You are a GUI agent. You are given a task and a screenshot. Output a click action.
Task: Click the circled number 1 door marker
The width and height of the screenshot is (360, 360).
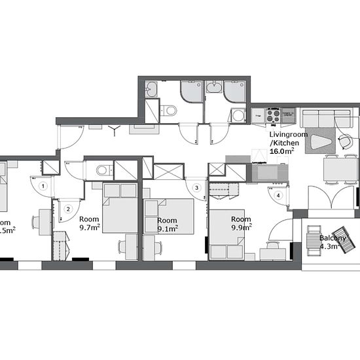[x=43, y=185]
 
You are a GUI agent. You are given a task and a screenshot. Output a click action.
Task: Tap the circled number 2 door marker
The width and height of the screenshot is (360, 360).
[x=67, y=209]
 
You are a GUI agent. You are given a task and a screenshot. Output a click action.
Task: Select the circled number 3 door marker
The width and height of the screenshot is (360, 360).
[x=196, y=188]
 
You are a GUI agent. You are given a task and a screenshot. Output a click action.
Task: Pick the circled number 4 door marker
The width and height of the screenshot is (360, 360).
[x=278, y=194]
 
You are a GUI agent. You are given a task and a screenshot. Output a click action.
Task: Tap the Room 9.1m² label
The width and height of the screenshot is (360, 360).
[x=168, y=225]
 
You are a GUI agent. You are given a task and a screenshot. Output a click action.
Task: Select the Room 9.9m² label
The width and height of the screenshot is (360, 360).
[x=241, y=223]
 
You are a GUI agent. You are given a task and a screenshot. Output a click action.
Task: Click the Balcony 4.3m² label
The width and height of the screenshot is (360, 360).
[x=332, y=242]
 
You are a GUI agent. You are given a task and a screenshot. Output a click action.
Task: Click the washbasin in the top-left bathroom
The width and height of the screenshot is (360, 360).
[x=151, y=88]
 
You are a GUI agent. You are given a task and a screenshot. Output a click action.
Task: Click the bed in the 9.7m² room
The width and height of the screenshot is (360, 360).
[x=119, y=209]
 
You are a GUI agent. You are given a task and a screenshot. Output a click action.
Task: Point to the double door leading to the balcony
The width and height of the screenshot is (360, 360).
[x=333, y=198]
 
